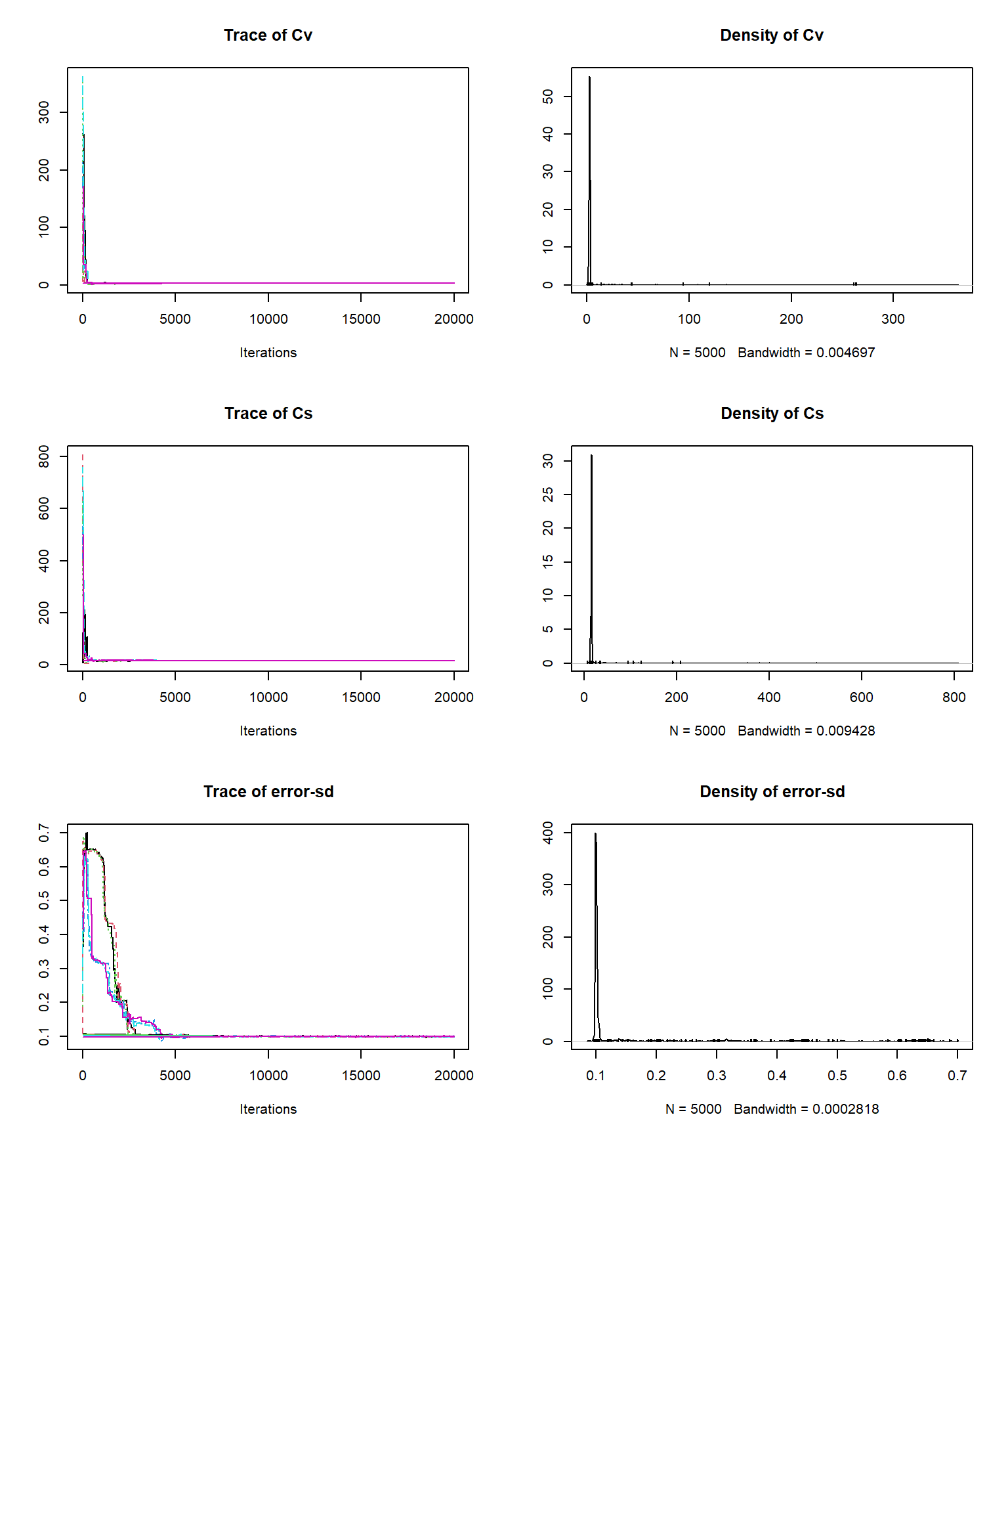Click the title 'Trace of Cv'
pos(268,35)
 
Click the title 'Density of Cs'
pos(772,414)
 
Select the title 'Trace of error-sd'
pos(268,792)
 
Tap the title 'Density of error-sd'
pos(772,792)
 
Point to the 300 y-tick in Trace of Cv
pos(44,112)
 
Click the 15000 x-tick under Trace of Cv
pos(361,319)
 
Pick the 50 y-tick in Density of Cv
pos(548,97)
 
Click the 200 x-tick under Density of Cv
pos(791,319)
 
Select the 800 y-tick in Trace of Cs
pos(44,456)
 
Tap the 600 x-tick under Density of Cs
pos(861,697)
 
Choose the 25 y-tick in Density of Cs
pos(548,494)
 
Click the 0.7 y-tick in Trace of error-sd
pos(44,833)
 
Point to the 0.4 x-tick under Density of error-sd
pos(777,1076)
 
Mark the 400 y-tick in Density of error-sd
pos(548,833)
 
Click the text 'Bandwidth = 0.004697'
pos(806,353)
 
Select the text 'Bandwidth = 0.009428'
pos(806,731)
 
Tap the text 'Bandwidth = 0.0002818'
pos(806,1109)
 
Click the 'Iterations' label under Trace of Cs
pos(268,731)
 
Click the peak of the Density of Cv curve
pos(589,77)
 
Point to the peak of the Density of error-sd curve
pos(595,834)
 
